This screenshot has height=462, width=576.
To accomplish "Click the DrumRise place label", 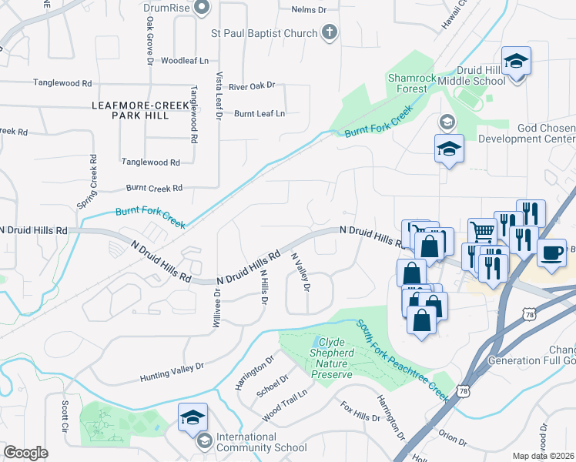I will coord(166,8).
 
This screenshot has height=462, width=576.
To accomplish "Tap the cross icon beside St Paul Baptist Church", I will coord(330,32).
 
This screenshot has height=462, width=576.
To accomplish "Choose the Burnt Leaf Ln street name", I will coord(260,113).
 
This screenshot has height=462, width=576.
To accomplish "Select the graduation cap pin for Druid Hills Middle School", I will coord(516,61).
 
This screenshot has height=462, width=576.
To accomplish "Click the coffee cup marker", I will coord(551,254).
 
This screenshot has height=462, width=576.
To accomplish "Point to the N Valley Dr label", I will coord(300,273).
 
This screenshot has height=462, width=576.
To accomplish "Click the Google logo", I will coord(26,452).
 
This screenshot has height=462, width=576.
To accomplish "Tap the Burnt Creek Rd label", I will coord(154,188).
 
